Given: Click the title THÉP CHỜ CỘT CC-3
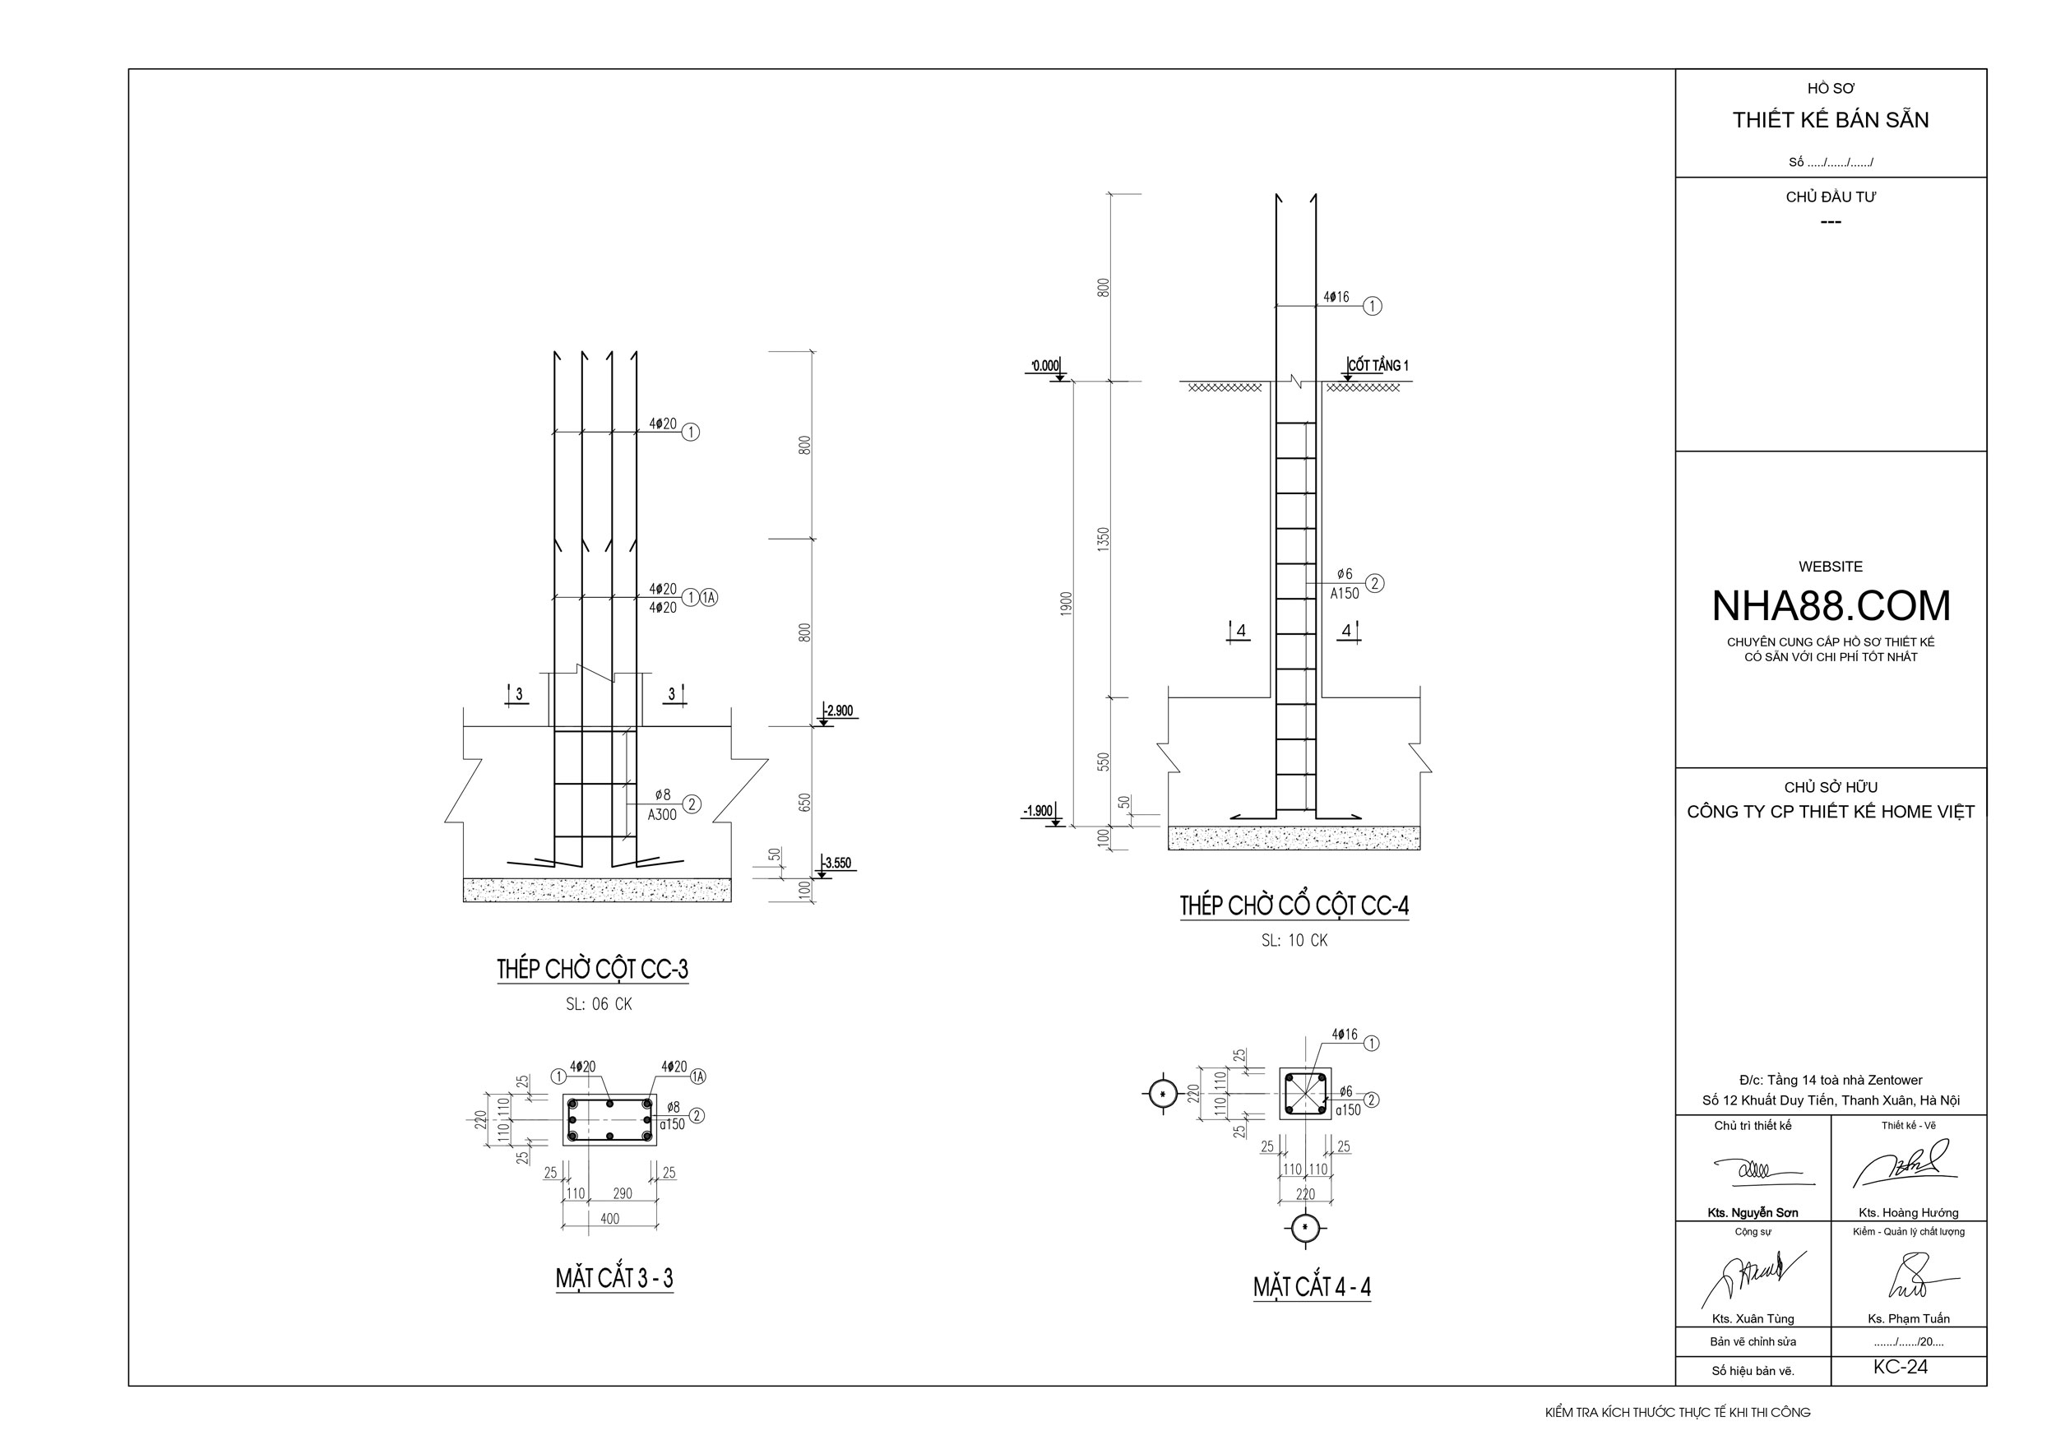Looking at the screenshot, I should [x=593, y=970].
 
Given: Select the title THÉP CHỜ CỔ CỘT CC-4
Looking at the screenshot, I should [x=1294, y=906].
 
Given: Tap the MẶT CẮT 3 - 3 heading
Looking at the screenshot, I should [x=614, y=1279].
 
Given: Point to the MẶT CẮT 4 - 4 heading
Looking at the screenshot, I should [x=1312, y=1288].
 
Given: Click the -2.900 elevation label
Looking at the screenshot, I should [x=839, y=711].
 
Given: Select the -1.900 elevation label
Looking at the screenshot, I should [x=1038, y=811].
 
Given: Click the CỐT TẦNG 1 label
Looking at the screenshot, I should [x=1378, y=365].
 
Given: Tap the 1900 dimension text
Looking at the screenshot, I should [x=1066, y=604].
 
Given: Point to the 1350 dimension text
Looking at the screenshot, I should [x=1103, y=539].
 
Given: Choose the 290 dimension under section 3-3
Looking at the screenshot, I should [x=623, y=1193].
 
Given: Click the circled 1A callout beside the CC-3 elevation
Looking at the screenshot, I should [x=708, y=597].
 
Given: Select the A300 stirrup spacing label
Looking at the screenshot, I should [x=663, y=815].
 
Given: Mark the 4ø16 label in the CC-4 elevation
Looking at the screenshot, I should [x=1336, y=297].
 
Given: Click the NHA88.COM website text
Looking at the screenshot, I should [x=1831, y=606].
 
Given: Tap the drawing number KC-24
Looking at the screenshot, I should [x=1901, y=1367].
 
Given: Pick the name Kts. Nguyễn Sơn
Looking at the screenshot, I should [x=1753, y=1213].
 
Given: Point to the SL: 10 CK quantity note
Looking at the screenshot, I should [x=1294, y=941].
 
